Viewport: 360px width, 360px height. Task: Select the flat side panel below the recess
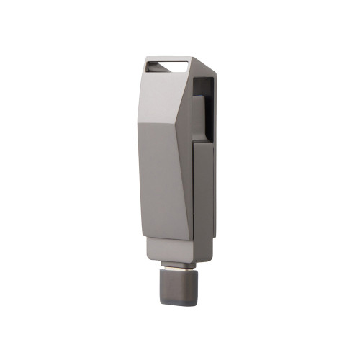pos(204,194)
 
